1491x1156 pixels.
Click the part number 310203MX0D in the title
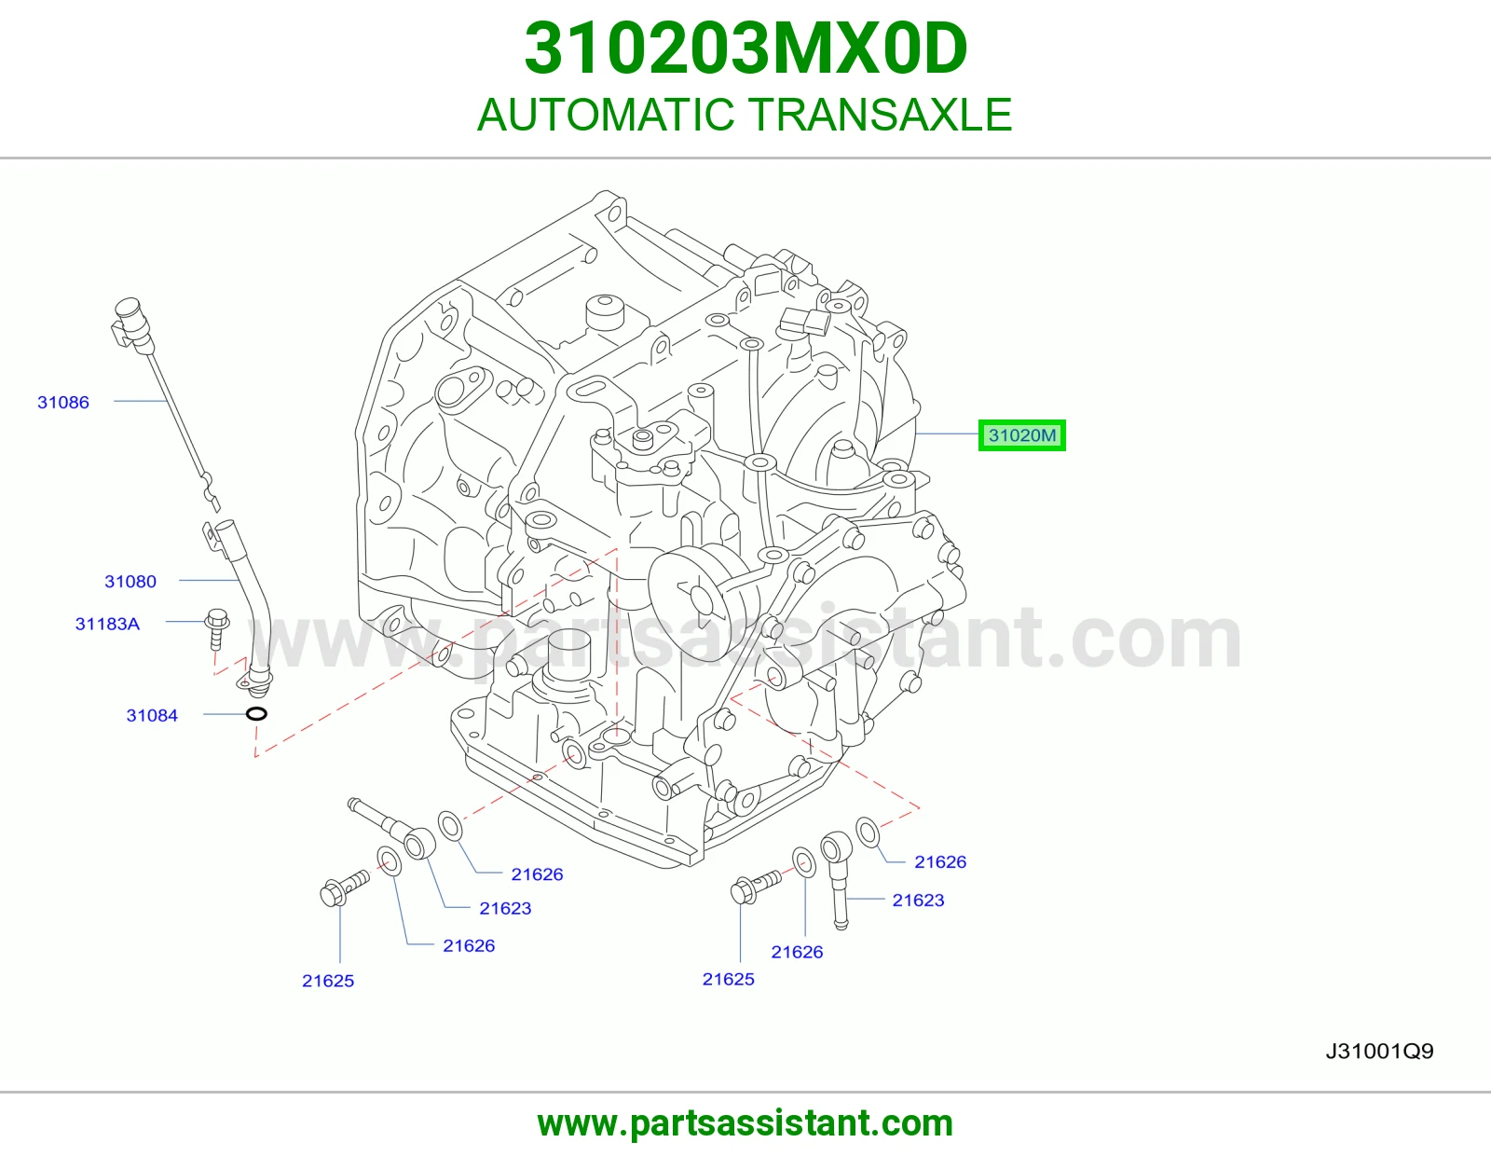(x=745, y=48)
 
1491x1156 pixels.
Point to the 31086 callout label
(x=63, y=402)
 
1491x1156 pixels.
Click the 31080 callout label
(x=130, y=582)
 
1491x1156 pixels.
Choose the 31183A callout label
(x=108, y=624)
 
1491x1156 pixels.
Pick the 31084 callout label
(x=152, y=715)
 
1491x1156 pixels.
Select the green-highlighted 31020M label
(x=1021, y=435)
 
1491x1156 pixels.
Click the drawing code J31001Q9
(x=1379, y=1051)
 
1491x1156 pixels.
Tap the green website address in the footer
(x=745, y=1123)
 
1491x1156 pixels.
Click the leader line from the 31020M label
(x=947, y=433)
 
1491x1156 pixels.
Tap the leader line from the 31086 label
(x=140, y=401)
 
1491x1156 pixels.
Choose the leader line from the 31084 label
(x=225, y=714)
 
